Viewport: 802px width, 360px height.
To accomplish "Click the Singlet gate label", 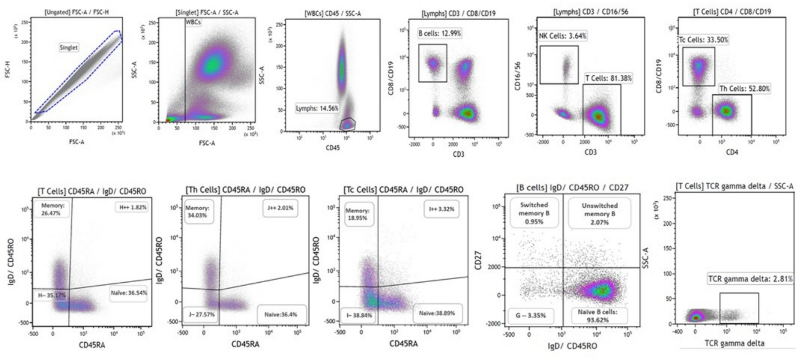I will coord(69,47).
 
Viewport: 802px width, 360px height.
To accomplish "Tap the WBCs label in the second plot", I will coord(193,22).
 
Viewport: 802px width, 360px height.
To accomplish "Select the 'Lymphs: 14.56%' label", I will coord(317,108).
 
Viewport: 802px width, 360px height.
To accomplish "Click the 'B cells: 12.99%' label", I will coord(440,34).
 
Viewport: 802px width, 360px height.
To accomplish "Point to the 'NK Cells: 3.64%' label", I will coord(562,36).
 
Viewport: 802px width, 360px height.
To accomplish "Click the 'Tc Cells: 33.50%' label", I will coord(703,40).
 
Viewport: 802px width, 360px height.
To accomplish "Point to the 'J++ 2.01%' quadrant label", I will coord(280,208).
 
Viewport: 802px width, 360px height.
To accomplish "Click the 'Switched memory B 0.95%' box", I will coord(534,213).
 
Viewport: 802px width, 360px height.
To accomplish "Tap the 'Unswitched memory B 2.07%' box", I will coord(599,214).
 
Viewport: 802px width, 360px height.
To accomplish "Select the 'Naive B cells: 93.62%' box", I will coord(598,315).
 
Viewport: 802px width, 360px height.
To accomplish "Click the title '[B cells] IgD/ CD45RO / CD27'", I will coord(572,187).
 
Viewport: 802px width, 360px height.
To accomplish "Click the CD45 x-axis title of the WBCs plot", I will coord(332,148).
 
